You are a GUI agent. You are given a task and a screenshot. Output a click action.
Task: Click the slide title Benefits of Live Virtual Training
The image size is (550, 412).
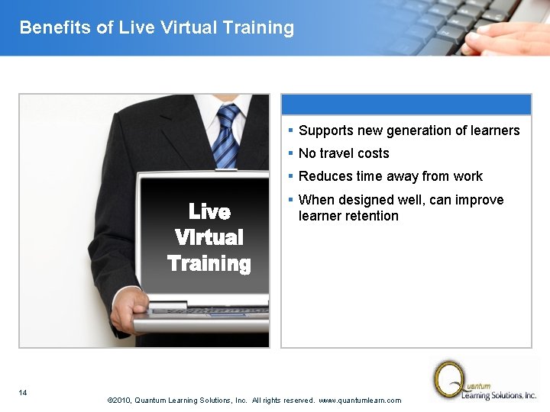[x=157, y=28]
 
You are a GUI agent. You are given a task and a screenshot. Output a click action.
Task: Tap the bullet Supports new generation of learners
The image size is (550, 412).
[x=409, y=130]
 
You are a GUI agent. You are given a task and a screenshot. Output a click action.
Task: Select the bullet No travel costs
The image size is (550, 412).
[x=344, y=153]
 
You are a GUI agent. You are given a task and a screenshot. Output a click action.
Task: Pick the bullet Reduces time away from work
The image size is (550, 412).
[x=390, y=176]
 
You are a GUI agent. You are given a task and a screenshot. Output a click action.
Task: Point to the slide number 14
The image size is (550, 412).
[x=23, y=393]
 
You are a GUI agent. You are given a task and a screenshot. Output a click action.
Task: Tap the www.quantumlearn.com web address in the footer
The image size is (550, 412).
[x=359, y=401]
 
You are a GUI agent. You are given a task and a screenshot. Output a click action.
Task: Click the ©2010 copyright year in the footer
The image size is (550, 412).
[x=121, y=401]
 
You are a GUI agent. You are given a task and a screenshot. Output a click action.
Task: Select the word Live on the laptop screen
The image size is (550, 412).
[x=209, y=211]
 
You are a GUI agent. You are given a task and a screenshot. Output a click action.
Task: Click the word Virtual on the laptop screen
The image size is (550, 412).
[x=209, y=237]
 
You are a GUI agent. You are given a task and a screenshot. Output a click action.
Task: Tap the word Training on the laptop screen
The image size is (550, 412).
[x=209, y=264]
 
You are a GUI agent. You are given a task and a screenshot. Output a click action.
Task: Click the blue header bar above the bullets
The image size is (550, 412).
[x=406, y=105]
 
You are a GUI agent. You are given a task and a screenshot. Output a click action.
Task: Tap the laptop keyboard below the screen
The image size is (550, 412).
[x=210, y=312]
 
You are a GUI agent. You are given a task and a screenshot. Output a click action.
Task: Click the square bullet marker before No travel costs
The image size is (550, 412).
[x=291, y=153]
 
